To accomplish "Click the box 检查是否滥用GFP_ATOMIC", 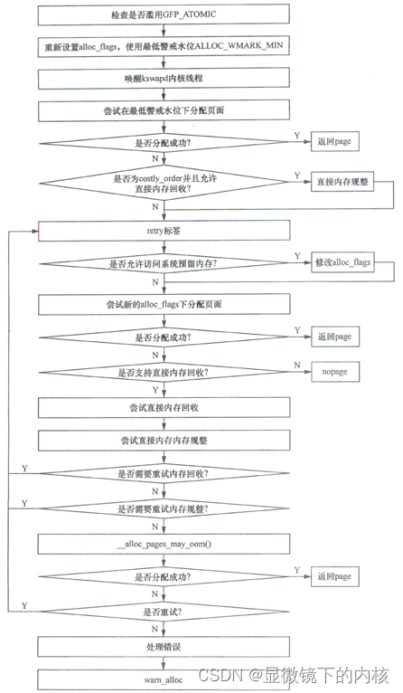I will pos(164,16).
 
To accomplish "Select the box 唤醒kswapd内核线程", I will pos(164,80).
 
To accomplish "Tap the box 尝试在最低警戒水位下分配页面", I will pos(164,111).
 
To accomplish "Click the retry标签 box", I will pos(164,232).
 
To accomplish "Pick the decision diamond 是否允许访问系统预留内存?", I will pos(164,263).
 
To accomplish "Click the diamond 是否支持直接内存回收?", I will pos(164,372).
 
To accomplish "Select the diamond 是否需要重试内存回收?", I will pos(164,473).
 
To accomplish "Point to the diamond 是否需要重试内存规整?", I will pos(164,508).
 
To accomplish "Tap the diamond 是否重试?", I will pos(164,611).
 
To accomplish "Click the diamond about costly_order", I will pos(164,182).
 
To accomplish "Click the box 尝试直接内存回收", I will pos(164,406).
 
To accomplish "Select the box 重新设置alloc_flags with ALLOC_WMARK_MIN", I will pos(164,48).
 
